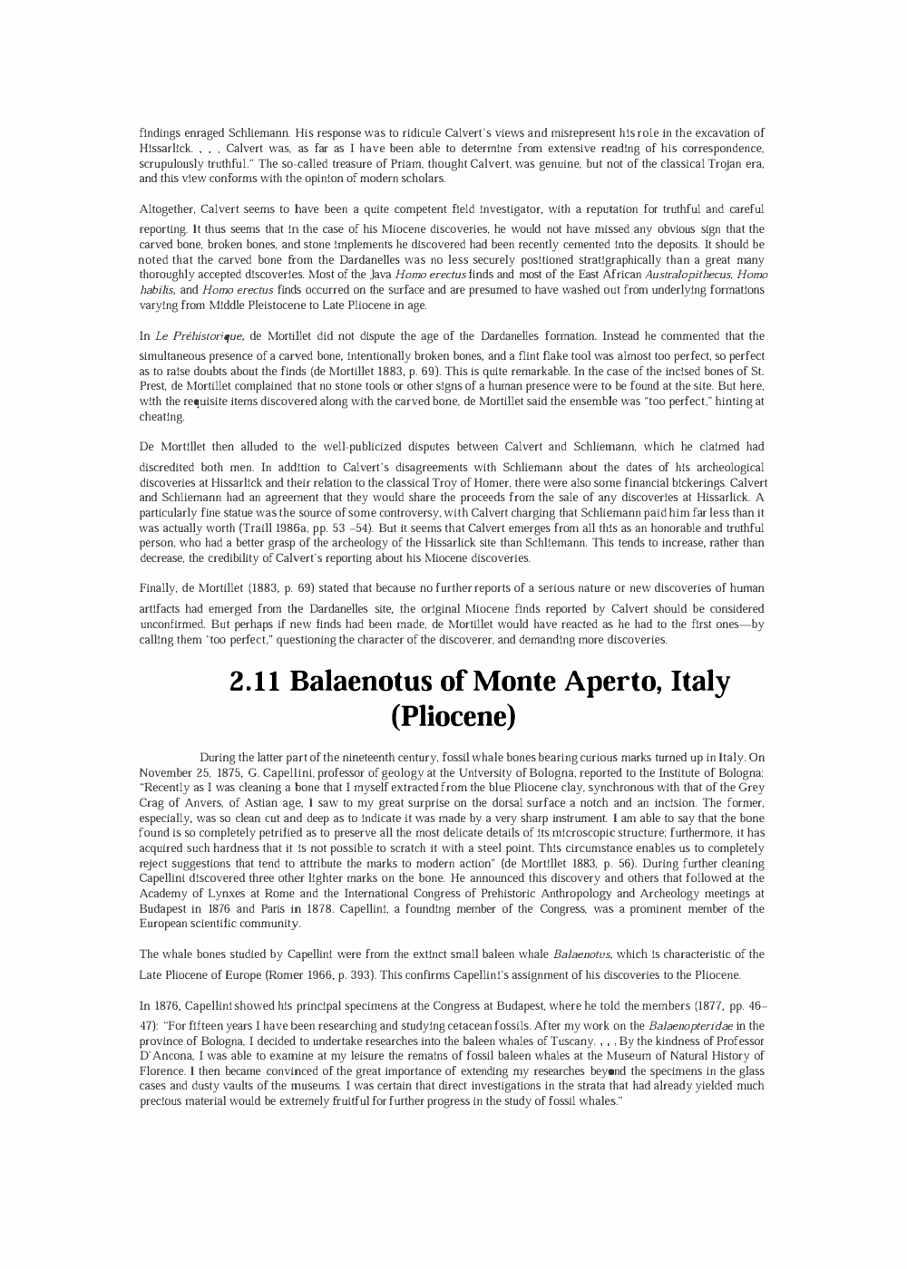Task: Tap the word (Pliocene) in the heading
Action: pos(453,716)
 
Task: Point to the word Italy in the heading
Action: pos(699,681)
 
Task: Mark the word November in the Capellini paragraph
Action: pos(169,772)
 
